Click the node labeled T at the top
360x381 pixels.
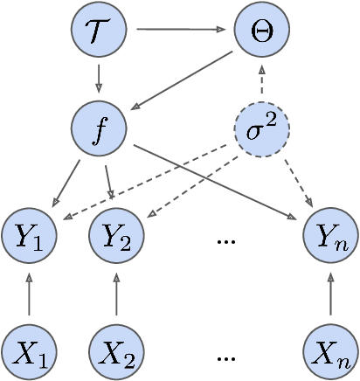click(98, 30)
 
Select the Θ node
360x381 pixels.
click(260, 30)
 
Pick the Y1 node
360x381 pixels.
click(30, 235)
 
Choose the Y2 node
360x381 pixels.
click(116, 235)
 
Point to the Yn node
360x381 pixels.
click(330, 235)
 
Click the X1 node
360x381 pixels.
click(30, 351)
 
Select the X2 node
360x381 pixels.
click(116, 351)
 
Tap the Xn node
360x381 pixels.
click(330, 351)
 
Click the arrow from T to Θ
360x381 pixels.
click(180, 30)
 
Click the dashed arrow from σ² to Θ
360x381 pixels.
click(260, 80)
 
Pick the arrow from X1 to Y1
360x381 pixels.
click(30, 294)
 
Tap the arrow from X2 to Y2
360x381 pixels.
click(116, 294)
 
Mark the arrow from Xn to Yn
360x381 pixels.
click(330, 294)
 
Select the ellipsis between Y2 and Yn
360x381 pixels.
click(225, 239)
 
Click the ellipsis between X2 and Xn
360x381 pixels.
click(225, 357)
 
